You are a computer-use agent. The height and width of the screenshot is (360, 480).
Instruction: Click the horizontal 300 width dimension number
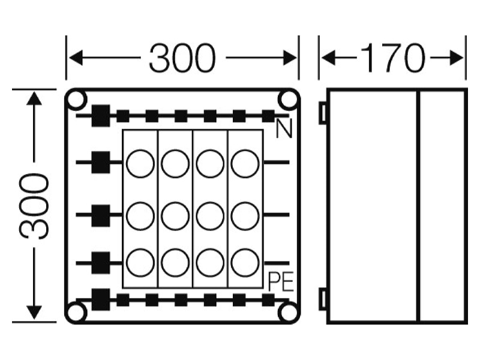[x=182, y=58]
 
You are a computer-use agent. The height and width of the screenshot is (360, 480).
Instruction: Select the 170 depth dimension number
[x=393, y=58]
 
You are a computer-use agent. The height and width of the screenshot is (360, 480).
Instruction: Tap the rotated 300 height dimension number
[x=34, y=206]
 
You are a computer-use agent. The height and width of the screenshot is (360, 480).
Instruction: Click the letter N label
[x=284, y=128]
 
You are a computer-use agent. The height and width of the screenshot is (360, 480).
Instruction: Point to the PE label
[x=281, y=281]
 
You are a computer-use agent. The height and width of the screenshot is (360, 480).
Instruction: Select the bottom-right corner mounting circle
[x=289, y=313]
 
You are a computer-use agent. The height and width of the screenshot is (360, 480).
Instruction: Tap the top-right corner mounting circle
[x=289, y=99]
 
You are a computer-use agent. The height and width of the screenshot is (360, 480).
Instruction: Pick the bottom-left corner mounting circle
[x=76, y=313]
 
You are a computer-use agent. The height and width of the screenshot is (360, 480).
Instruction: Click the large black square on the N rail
[x=101, y=116]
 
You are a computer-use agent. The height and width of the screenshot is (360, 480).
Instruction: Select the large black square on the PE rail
[x=101, y=299]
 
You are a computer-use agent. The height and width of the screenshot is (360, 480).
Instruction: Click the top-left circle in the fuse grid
[x=140, y=164]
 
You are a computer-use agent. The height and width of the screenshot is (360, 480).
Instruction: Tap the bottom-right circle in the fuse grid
[x=245, y=263]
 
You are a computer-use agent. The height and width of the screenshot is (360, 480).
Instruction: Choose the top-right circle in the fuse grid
[x=245, y=164]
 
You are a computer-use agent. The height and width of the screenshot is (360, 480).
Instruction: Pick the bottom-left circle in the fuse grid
[x=140, y=263]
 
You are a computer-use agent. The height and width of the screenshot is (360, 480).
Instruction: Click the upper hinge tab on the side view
[x=323, y=113]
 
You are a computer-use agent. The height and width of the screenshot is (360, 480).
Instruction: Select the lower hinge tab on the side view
[x=323, y=299]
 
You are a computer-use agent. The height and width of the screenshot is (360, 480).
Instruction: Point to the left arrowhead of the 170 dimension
[x=328, y=58]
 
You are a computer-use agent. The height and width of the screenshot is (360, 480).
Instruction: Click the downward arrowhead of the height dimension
[x=34, y=313]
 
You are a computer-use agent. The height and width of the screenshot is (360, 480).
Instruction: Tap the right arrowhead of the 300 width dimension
[x=290, y=58]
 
